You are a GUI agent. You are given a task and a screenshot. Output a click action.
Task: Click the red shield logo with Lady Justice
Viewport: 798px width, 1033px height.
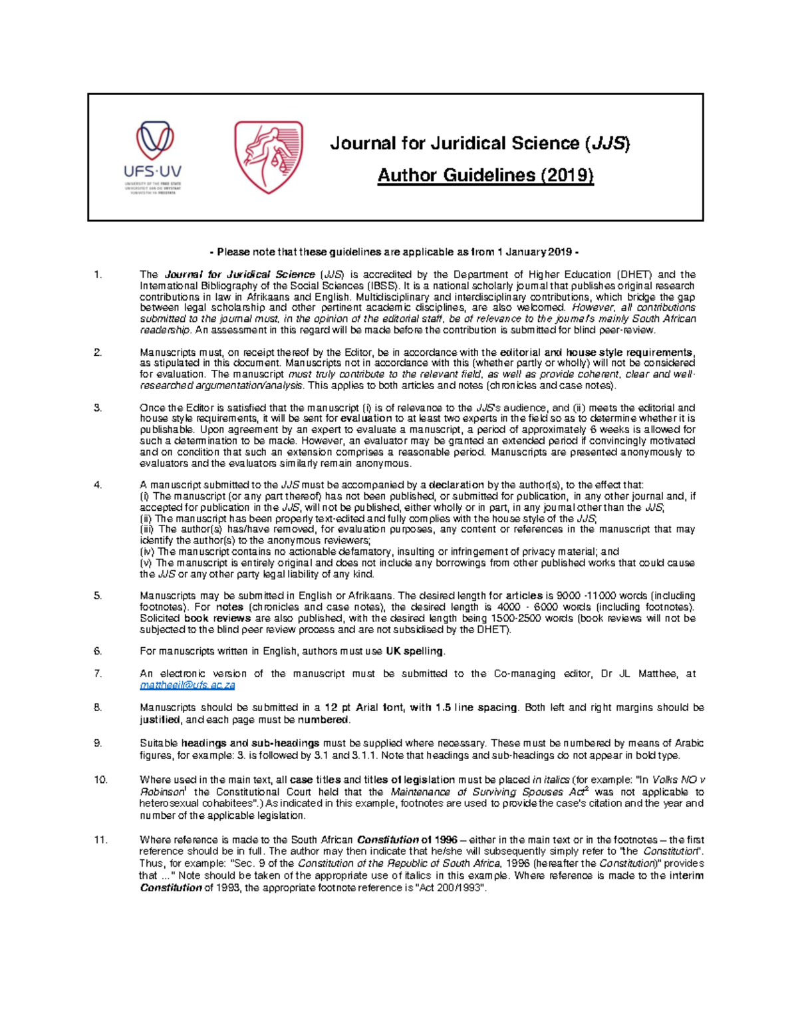pos(268,157)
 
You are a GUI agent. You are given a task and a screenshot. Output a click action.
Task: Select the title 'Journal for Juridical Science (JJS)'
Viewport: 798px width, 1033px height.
pos(479,143)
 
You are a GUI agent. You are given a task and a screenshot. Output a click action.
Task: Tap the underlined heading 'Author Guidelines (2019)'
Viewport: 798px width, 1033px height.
pos(485,175)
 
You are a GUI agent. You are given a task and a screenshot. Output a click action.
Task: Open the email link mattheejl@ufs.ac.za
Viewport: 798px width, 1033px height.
pos(187,685)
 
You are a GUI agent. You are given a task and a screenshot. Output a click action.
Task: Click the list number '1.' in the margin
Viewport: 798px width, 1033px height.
pos(98,274)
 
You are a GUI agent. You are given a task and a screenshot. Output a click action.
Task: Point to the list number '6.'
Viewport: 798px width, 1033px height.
pos(98,651)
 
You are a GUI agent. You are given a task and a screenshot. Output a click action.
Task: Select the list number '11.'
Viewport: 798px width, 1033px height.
pos(100,839)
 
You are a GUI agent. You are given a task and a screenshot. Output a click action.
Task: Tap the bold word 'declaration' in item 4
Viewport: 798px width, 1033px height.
pos(456,485)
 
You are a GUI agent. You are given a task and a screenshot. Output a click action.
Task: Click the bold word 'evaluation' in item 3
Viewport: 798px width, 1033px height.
pos(366,418)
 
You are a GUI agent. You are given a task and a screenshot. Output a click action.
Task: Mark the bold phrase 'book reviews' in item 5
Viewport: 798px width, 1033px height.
pos(217,618)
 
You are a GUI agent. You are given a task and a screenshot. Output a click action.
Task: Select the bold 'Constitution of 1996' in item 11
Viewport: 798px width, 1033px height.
pos(407,839)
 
